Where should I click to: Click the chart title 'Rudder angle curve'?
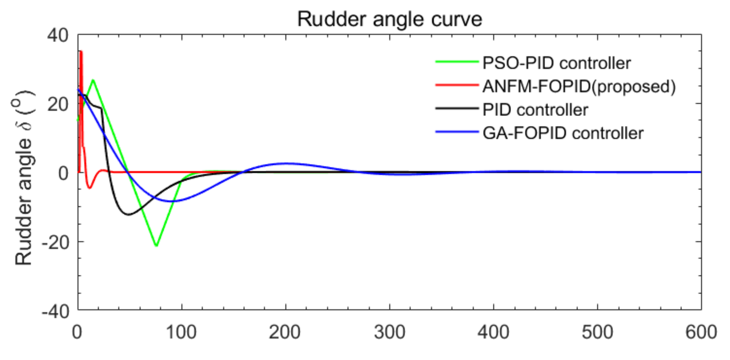tap(389, 19)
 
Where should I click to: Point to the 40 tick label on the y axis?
tap(58, 36)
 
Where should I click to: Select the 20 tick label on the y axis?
tap(58, 105)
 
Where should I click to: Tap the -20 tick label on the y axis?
tap(55, 242)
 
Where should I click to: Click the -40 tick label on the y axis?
tap(55, 312)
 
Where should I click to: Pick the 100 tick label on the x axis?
tap(181, 332)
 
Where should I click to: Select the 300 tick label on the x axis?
tap(389, 332)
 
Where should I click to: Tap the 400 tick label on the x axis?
tap(493, 332)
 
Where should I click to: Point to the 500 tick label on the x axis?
tap(597, 332)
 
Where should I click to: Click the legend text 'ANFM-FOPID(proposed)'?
tap(579, 86)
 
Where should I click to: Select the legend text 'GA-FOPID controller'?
tap(563, 133)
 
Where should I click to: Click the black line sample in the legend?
tap(457, 108)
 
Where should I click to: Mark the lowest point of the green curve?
tap(156, 246)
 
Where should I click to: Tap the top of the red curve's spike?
tap(81, 51)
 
